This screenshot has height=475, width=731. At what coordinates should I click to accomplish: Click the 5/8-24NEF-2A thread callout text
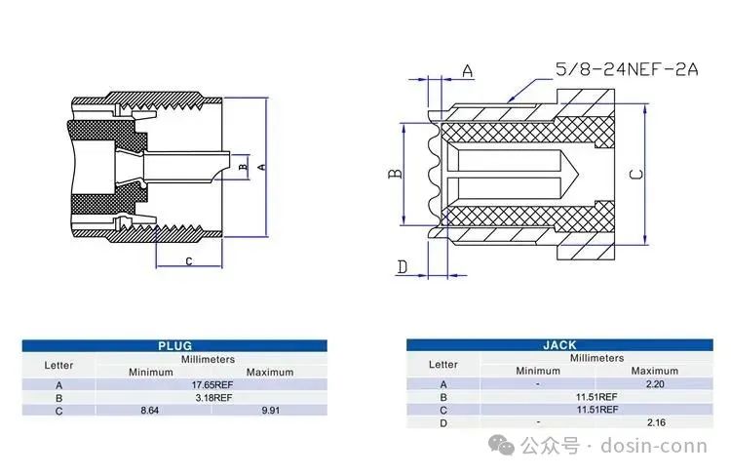tap(627, 69)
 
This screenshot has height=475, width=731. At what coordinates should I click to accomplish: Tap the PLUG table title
tap(174, 345)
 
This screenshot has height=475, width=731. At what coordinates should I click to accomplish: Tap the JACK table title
tap(559, 345)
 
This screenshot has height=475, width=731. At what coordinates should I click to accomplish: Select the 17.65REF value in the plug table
tap(212, 385)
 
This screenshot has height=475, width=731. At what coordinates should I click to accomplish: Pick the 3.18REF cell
tap(213, 398)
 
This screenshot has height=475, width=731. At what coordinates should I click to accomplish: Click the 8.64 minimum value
tap(150, 411)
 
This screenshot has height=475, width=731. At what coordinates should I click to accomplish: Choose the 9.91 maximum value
tap(270, 411)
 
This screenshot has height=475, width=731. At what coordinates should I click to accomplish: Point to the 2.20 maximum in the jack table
tap(655, 384)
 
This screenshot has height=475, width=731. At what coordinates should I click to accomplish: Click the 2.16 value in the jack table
tap(656, 422)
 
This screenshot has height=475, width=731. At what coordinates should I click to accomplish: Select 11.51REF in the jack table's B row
tap(596, 397)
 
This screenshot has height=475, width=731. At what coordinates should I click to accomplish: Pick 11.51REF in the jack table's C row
tap(597, 410)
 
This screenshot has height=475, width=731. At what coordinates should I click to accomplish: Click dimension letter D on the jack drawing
tap(403, 267)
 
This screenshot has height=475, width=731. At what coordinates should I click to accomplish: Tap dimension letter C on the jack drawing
tap(636, 174)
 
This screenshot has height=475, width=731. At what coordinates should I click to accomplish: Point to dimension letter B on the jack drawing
tap(395, 174)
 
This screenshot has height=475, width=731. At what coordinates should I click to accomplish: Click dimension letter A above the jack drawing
tap(468, 71)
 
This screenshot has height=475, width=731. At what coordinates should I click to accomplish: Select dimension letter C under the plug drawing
tap(189, 260)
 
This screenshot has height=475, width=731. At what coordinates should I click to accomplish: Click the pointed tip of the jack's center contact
tap(579, 175)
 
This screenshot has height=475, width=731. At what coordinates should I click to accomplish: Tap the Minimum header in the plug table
tap(150, 373)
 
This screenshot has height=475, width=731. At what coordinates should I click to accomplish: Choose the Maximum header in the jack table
tap(655, 371)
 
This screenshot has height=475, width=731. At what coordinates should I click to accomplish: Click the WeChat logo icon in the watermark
tap(501, 445)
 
